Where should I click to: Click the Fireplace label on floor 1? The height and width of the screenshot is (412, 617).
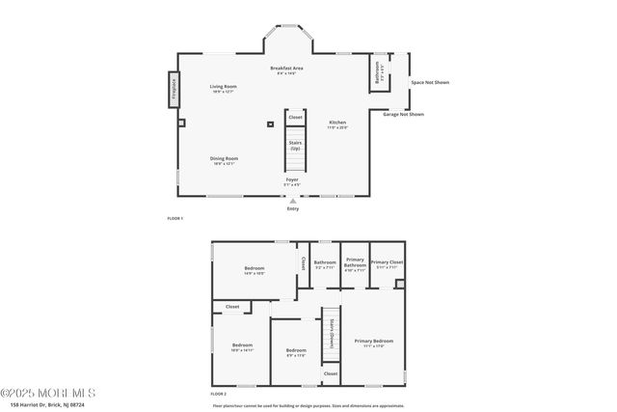click(174, 90)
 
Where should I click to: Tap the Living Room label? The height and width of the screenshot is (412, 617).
click(224, 89)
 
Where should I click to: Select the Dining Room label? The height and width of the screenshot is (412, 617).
click(225, 160)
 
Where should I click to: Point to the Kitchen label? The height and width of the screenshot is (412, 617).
click(337, 124)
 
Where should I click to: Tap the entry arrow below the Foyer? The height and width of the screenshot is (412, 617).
click(293, 201)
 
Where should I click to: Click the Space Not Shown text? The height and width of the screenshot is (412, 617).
click(430, 82)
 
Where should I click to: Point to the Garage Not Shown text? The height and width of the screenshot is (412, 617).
click(403, 114)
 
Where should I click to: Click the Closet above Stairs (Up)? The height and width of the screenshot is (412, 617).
click(295, 118)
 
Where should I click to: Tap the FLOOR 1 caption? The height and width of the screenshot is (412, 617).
click(174, 219)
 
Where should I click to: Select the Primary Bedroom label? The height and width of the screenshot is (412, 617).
click(373, 342)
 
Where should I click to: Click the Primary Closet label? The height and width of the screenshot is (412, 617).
click(387, 263)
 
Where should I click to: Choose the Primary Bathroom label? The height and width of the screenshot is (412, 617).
click(356, 264)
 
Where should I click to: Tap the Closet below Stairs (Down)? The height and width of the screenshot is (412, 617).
click(331, 373)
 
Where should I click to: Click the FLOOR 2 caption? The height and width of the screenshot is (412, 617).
click(218, 394)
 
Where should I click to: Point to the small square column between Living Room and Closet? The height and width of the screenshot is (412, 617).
click(270, 124)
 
